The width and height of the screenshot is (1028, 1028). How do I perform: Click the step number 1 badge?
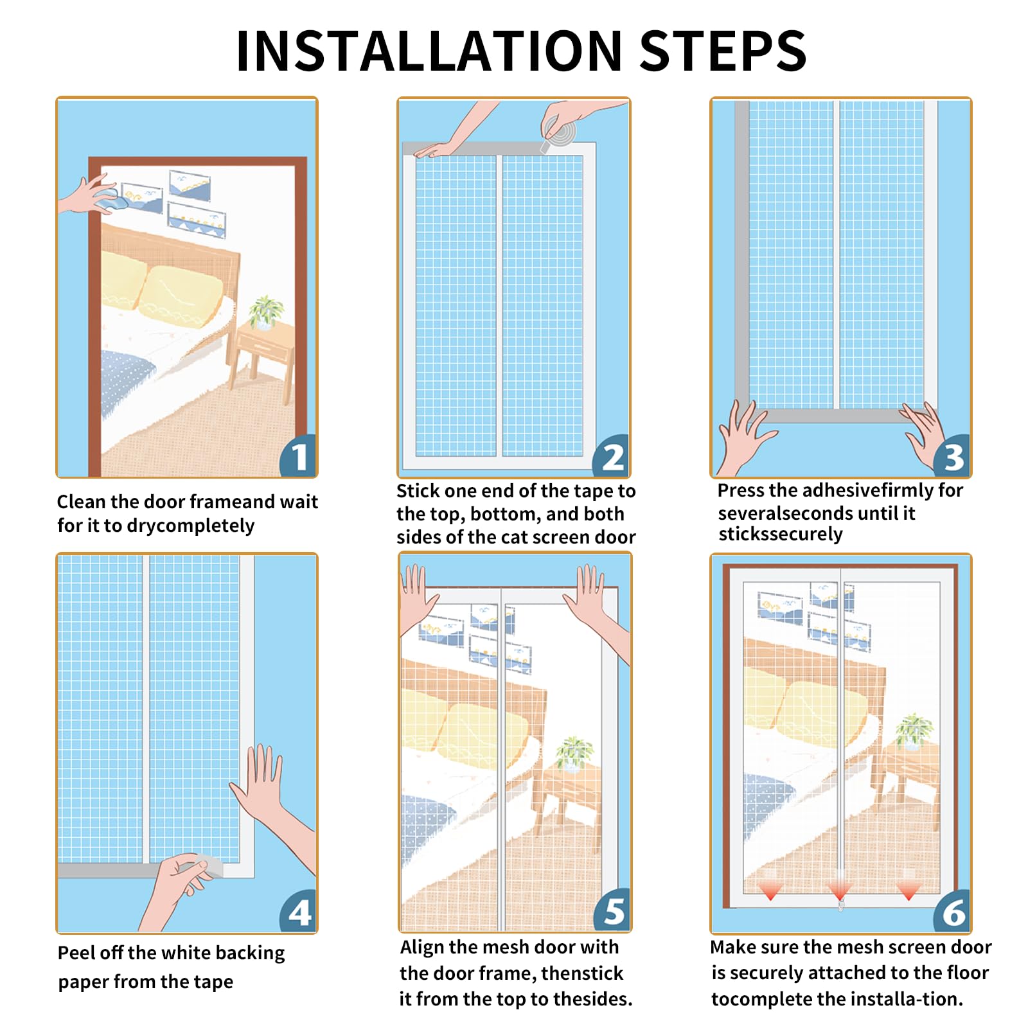pyautogui.click(x=299, y=456)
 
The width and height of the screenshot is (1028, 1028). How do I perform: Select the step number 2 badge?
pyautogui.click(x=612, y=457)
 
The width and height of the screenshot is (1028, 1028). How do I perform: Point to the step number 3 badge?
pyautogui.click(x=952, y=457)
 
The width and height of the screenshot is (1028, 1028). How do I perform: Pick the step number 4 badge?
pyautogui.click(x=299, y=912)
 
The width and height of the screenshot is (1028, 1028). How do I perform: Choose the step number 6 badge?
pyautogui.click(x=952, y=912)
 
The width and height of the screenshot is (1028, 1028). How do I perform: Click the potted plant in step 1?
pyautogui.click(x=265, y=312)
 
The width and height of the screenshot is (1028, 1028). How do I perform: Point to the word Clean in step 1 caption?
pyautogui.click(x=81, y=501)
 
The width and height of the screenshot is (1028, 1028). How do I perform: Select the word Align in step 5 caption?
pyautogui.click(x=422, y=947)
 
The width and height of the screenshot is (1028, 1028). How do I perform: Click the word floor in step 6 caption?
pyautogui.click(x=966, y=973)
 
